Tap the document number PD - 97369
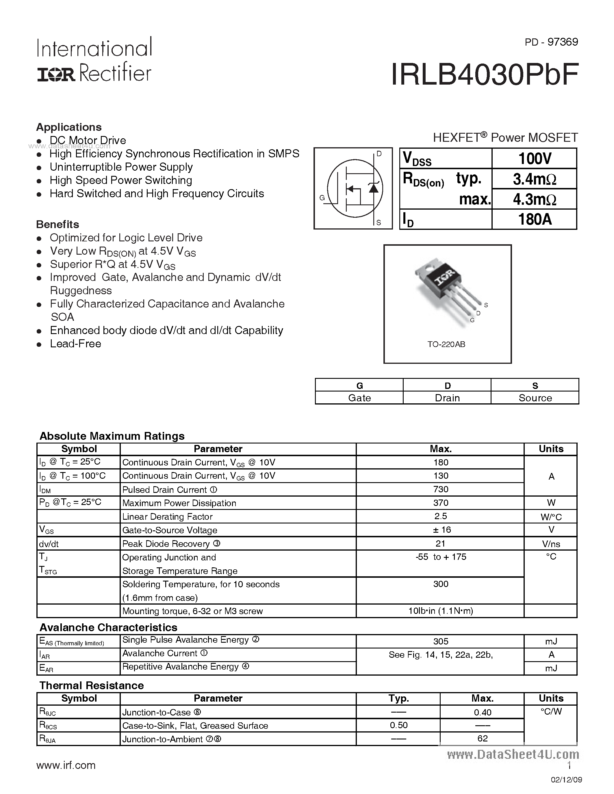[551, 42]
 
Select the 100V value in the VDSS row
[534, 159]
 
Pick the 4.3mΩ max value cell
[534, 199]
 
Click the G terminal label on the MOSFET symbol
[322, 198]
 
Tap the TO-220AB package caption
[446, 344]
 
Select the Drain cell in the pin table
[447, 398]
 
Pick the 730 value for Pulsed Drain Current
[441, 489]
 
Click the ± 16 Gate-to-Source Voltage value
[442, 530]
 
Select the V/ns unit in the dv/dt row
[551, 544]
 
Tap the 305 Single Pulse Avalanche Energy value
[441, 641]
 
